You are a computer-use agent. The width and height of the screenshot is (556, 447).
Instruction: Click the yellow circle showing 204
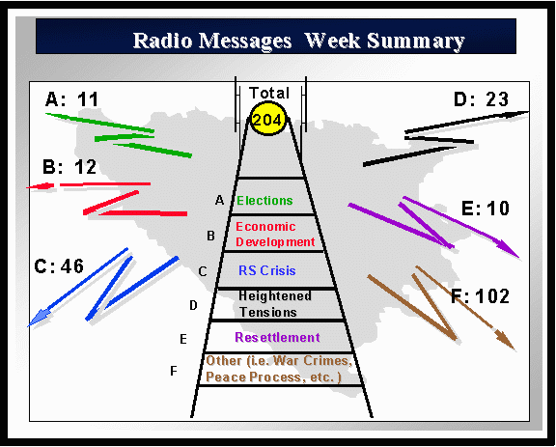pyautogui.click(x=267, y=119)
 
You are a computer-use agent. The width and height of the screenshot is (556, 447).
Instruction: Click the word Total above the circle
pyautogui.click(x=269, y=93)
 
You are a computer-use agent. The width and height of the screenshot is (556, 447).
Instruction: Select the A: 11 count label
pyautogui.click(x=71, y=99)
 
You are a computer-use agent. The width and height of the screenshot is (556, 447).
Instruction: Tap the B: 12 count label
pyautogui.click(x=69, y=167)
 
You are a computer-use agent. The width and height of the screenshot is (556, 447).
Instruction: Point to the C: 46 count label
pyautogui.click(x=59, y=266)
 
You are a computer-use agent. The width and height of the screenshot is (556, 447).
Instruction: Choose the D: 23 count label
pyautogui.click(x=481, y=99)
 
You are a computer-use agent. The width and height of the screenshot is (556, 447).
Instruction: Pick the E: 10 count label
pyautogui.click(x=486, y=209)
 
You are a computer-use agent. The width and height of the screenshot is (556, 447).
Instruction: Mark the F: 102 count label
pyautogui.click(x=480, y=295)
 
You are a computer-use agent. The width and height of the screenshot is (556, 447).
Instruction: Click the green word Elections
pyautogui.click(x=264, y=201)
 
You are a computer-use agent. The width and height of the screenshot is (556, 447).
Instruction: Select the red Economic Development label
pyautogui.click(x=275, y=235)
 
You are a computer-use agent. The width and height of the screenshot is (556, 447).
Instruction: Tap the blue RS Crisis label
pyautogui.click(x=267, y=270)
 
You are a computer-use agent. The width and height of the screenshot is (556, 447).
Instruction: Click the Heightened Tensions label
pyautogui.click(x=275, y=304)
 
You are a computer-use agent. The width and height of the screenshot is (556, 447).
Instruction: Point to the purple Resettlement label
pyautogui.click(x=277, y=337)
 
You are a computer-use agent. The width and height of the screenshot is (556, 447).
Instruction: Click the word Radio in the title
pyautogui.click(x=163, y=41)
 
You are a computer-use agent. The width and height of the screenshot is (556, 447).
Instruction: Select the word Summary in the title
pyautogui.click(x=416, y=42)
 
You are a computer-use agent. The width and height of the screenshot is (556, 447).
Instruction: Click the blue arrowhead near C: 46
pyautogui.click(x=39, y=317)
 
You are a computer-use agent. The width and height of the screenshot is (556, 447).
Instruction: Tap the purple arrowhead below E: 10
pyautogui.click(x=508, y=249)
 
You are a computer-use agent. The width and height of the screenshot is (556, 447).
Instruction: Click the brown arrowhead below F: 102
pyautogui.click(x=505, y=340)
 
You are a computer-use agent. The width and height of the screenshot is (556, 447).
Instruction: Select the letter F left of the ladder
pyautogui.click(x=174, y=371)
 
